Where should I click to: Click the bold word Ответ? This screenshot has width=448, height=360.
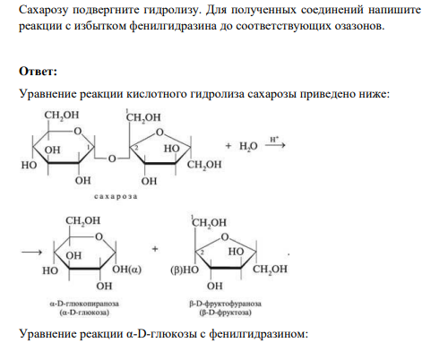coord(38,72)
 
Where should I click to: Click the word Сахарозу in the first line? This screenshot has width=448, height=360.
coord(44,11)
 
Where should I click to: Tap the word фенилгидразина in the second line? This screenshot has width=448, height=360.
coord(173,26)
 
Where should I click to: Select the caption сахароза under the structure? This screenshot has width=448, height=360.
coord(116,197)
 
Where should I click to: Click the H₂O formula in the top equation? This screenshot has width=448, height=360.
coord(248,146)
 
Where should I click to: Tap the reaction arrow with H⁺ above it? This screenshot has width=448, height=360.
coord(275,145)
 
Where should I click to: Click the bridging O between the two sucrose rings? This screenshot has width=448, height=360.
coord(112,159)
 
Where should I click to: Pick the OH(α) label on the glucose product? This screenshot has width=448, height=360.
coord(126,270)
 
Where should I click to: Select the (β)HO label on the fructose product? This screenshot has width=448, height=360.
coord(185,270)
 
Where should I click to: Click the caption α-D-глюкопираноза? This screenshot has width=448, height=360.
coord(84,304)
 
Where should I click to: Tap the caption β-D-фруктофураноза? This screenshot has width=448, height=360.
coord(226,304)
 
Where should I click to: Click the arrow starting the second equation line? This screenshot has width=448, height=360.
coord(31,253)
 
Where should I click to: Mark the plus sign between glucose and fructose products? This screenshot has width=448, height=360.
coord(155,249)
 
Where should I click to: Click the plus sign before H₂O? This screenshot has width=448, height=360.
coord(228,146)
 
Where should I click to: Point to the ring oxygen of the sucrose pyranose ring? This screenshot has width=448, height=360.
coord(78,131)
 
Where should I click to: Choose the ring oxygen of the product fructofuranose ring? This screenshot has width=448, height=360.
coord(225,237)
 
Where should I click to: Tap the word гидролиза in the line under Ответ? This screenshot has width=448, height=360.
coord(217,94)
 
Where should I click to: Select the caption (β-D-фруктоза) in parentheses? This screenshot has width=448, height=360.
coord(226,313)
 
